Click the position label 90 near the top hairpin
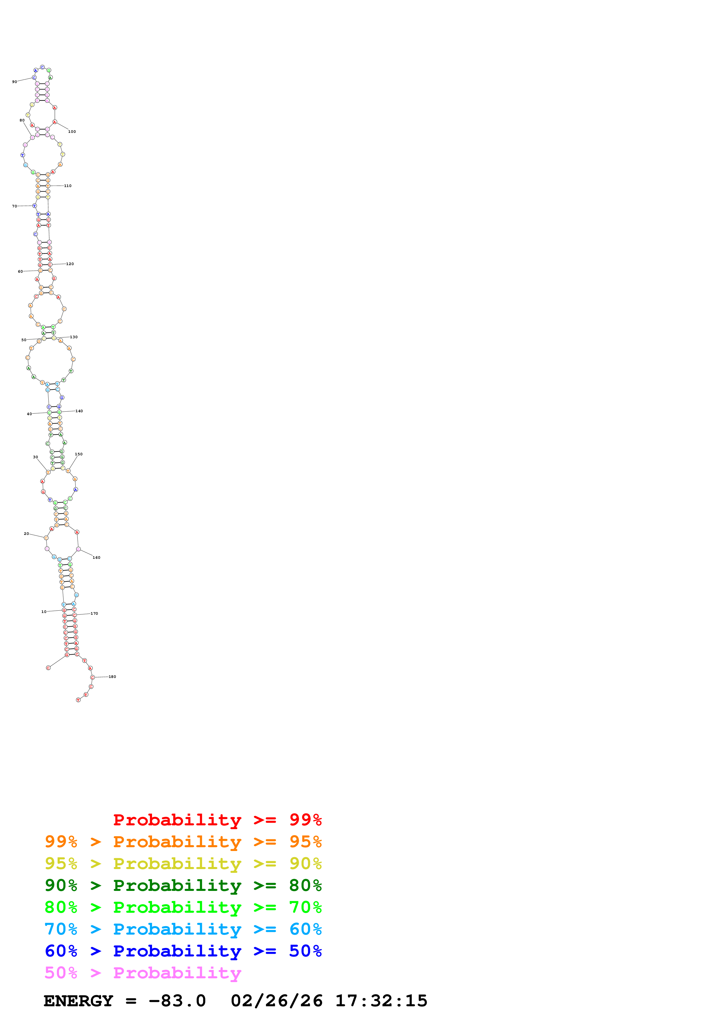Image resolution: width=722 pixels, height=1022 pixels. coord(15,82)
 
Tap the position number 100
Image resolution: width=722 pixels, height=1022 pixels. coord(72,132)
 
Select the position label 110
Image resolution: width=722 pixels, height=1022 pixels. coord(68,186)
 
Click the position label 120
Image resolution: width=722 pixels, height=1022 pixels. coord(70,264)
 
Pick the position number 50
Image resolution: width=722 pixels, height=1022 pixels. coord(24,340)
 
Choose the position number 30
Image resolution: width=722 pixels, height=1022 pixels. coord(36,457)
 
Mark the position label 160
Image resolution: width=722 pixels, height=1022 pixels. coord(96,558)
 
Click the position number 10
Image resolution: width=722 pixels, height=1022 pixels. coord(44,612)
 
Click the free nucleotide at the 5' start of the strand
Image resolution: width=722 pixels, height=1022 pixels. coord(48,668)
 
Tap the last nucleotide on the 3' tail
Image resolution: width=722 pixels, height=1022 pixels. coord(78,700)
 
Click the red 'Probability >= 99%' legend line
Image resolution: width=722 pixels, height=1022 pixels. coord(217,820)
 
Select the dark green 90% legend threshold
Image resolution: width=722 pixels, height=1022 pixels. coord(61,885)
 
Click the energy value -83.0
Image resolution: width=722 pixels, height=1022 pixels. coord(177,1001)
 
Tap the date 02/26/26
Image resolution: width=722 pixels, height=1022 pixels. coord(276,1001)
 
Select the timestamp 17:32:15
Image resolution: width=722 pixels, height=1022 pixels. coord(381,1001)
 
